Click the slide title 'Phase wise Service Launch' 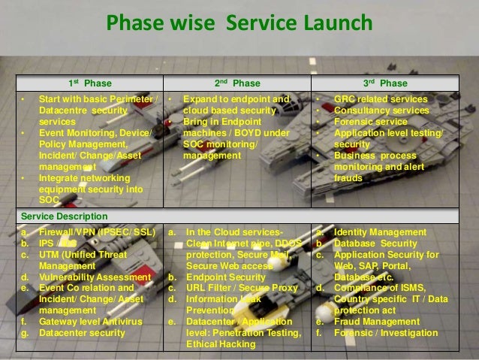pyautogui.click(x=239, y=24)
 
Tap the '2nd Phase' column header pyautogui.click(x=238, y=82)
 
